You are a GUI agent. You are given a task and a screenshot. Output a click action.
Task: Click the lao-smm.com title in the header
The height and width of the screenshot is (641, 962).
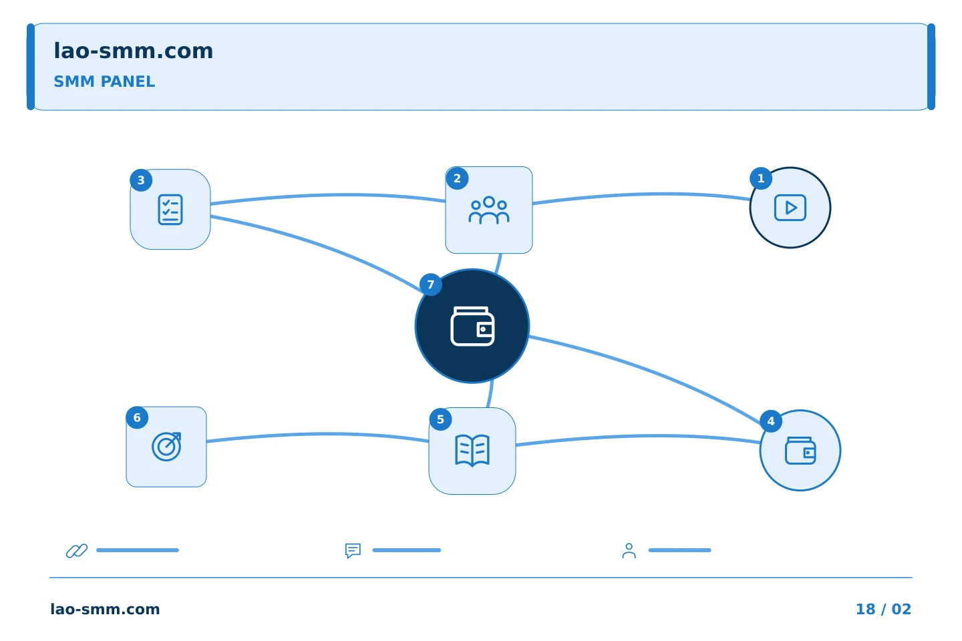coord(133,51)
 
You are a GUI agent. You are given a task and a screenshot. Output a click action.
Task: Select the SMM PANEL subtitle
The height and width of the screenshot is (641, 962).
coord(104,81)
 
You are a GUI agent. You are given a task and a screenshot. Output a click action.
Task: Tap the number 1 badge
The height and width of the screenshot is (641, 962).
coord(760,178)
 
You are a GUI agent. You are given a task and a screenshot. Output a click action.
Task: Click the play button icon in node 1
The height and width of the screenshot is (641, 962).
coord(790,208)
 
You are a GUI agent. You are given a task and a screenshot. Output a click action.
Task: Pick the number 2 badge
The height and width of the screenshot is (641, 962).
coord(457,178)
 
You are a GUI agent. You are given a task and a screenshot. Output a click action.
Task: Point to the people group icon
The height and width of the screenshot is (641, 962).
coord(489,210)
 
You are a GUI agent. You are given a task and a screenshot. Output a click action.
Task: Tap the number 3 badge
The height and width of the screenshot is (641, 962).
coord(141,180)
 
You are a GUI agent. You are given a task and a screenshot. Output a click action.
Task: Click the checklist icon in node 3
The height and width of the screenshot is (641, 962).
coord(170,210)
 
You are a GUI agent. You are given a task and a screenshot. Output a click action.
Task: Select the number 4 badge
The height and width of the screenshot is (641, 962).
coord(771,421)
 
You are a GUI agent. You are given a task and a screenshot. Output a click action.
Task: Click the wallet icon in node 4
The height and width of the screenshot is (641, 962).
coord(800,451)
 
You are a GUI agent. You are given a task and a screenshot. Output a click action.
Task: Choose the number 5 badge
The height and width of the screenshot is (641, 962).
coord(440,419)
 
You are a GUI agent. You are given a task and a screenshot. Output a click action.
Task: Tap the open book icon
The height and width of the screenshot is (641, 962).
coord(472,451)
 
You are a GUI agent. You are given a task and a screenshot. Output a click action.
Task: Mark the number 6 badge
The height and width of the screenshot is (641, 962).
coord(137,418)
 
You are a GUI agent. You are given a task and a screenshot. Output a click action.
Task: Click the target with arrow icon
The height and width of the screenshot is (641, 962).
coord(166,447)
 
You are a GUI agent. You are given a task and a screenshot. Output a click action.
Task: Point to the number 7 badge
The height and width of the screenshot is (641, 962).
coord(431,284)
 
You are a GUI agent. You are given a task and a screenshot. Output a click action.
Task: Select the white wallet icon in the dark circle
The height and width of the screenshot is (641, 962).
coord(472,327)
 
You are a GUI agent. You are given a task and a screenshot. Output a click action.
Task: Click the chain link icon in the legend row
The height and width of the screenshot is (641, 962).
coord(77,550)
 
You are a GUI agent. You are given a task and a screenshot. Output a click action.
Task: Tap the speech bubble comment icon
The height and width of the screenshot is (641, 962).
coord(353,551)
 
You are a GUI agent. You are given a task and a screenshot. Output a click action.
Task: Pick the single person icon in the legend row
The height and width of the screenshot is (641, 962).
coord(629,551)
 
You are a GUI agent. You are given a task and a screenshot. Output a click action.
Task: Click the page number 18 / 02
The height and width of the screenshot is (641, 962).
coord(883,609)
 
